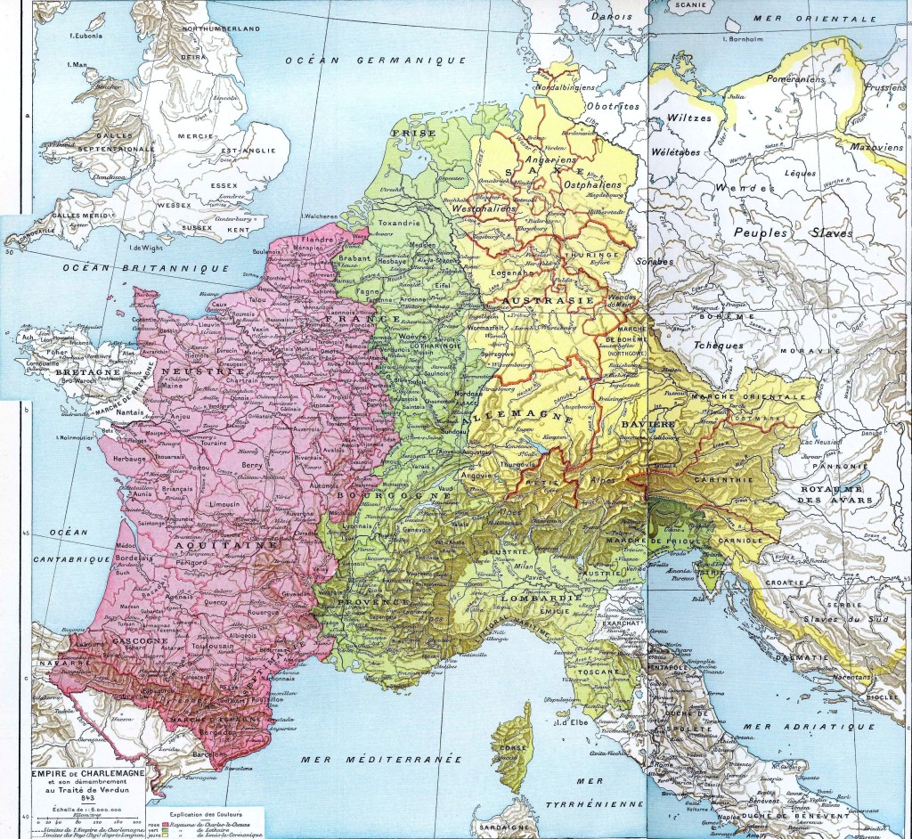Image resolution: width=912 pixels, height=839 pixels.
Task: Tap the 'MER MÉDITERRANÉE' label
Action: pos(379,759)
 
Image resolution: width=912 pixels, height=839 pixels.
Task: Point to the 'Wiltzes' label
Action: pos(689,118)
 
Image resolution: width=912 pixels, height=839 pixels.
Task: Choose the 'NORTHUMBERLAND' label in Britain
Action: pos(218,29)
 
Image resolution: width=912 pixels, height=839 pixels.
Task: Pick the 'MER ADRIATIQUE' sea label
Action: pos(797,728)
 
